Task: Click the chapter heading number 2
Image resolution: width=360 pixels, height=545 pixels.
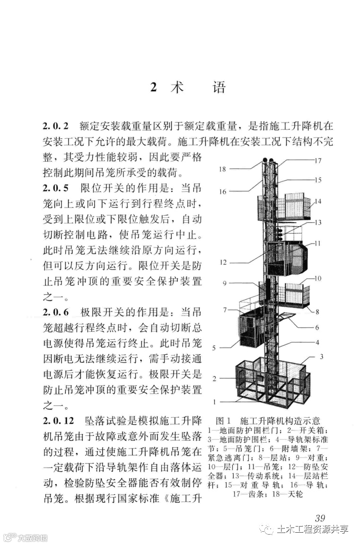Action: [x=153, y=88]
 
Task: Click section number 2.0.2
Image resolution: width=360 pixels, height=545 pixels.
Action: [x=56, y=126]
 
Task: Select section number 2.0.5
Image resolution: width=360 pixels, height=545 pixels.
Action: [x=56, y=187]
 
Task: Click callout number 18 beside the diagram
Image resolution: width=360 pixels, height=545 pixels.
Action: [x=223, y=168]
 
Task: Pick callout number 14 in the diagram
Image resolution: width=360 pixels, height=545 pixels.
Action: [x=317, y=201]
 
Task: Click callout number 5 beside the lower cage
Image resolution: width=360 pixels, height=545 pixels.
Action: [x=214, y=348]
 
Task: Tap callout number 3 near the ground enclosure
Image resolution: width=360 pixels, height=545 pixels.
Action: [x=321, y=356]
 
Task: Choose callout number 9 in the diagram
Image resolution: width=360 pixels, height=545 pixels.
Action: [x=225, y=283]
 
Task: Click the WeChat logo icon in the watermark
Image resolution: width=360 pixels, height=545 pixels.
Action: [x=267, y=528]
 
